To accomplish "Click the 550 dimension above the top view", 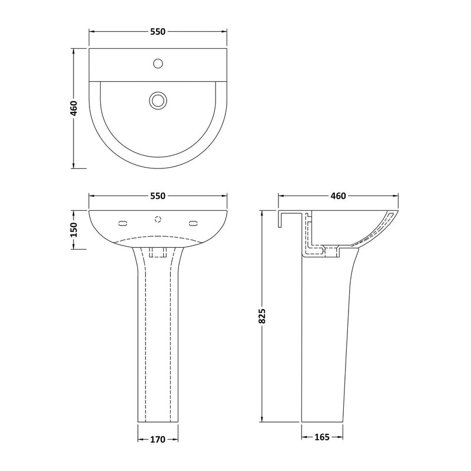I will (157, 31).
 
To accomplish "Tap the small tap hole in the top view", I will (158, 62).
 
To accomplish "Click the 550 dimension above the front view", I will (157, 196).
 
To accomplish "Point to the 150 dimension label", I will (74, 229).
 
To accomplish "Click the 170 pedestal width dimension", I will (158, 439).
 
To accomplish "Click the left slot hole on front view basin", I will (122, 223).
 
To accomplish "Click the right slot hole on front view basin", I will (193, 223).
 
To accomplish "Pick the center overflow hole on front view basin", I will (158, 220).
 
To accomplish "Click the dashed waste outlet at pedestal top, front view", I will (158, 253).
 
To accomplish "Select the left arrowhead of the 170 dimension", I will (140, 439).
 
